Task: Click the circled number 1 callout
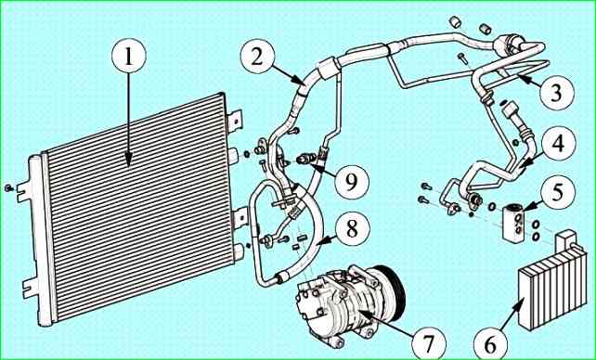128,57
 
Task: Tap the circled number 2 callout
257,57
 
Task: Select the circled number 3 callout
557,93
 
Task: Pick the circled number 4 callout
558,145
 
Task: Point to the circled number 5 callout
558,193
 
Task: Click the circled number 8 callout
352,229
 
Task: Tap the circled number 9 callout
352,181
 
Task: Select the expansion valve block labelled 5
513,222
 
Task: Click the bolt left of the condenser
8,188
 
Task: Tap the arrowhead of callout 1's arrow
128,162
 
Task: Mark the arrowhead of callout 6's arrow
524,299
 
